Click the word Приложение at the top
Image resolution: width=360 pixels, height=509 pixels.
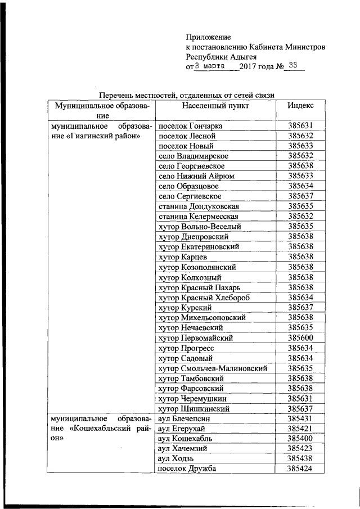[208, 37]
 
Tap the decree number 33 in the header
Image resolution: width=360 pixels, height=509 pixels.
[292, 65]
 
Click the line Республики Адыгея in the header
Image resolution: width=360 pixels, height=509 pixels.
[221, 57]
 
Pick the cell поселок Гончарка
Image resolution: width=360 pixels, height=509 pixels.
[191, 126]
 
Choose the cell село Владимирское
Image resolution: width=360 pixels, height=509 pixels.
[193, 156]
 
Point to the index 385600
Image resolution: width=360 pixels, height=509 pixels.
[300, 339]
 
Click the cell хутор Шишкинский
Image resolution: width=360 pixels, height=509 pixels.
[194, 409]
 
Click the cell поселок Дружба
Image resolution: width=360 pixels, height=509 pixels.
[187, 469]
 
